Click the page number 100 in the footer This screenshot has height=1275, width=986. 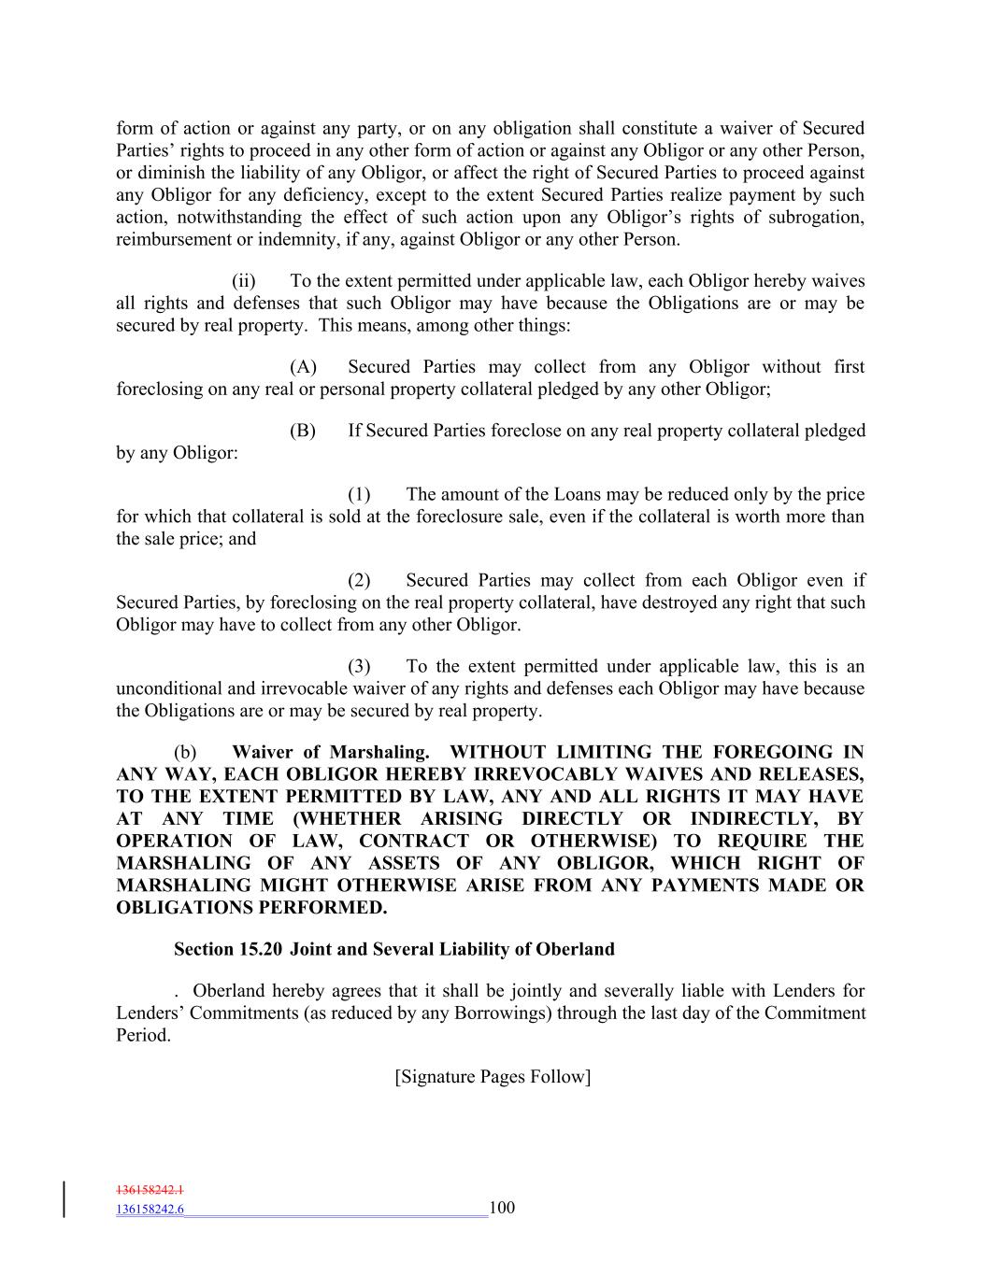[x=502, y=1208]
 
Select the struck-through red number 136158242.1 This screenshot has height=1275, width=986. [x=150, y=1191]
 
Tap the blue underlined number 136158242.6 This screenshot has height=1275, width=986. [x=150, y=1210]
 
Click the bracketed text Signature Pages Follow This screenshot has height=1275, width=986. [x=493, y=1077]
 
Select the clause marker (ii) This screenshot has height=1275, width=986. [x=244, y=281]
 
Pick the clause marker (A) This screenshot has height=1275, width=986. [x=303, y=367]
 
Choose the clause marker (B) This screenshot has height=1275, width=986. [x=303, y=431]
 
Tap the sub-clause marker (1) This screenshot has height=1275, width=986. [x=360, y=494]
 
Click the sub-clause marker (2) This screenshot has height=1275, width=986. [x=360, y=580]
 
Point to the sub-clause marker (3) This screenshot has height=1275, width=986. [x=360, y=666]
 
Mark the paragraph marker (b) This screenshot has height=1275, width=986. [x=186, y=752]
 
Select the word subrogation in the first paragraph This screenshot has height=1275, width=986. [x=813, y=218]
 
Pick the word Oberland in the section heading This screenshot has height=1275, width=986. [x=575, y=950]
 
